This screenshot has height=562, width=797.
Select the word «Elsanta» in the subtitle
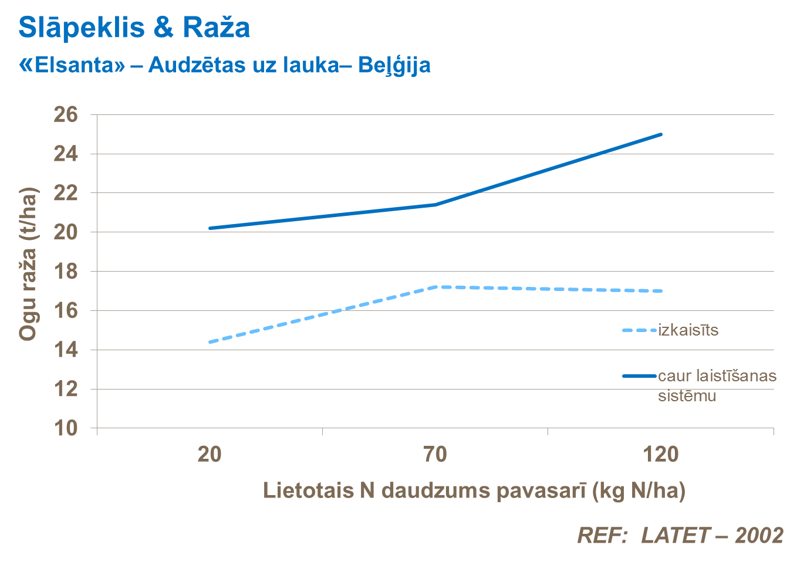click(x=72, y=65)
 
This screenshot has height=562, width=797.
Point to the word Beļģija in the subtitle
click(x=394, y=66)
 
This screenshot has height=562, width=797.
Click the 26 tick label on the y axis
click(x=66, y=115)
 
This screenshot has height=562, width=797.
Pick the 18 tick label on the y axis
click(x=66, y=272)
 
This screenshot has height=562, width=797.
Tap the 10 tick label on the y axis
click(x=66, y=428)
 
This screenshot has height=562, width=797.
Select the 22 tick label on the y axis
click(x=66, y=193)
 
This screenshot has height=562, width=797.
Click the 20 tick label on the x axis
click(x=210, y=454)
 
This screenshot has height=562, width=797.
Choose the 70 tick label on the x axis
click(x=435, y=454)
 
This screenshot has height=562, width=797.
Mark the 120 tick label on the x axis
click(x=660, y=454)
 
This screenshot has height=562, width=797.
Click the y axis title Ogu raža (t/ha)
click(x=28, y=264)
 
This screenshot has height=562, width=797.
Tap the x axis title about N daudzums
click(x=474, y=490)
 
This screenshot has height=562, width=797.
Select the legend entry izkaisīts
click(x=688, y=330)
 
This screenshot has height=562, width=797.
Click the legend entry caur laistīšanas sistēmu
click(x=717, y=385)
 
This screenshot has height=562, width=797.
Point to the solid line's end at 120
click(x=661, y=134)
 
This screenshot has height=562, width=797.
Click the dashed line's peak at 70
click(x=435, y=287)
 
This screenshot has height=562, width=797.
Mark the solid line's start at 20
click(x=210, y=228)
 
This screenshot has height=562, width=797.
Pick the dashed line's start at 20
click(x=210, y=342)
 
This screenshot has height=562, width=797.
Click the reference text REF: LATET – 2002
click(x=680, y=535)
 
